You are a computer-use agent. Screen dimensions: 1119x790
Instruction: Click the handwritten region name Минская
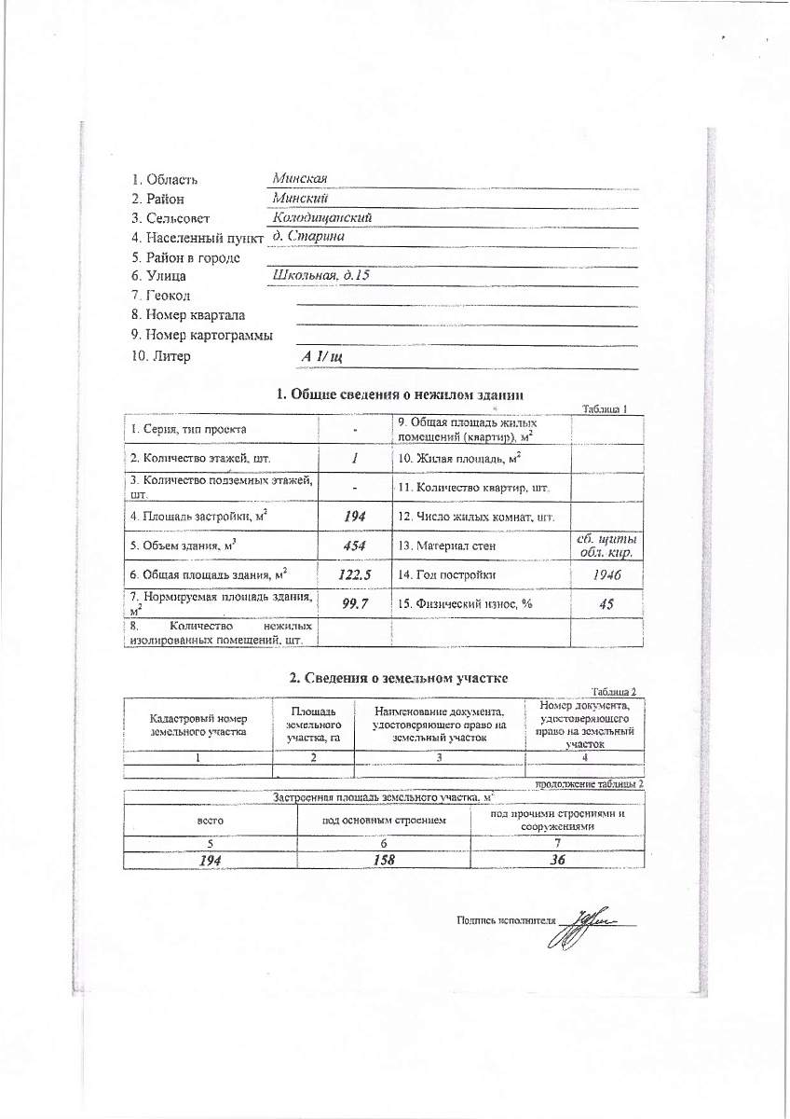tap(299, 179)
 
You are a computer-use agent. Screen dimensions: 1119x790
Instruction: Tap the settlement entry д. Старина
tap(306, 237)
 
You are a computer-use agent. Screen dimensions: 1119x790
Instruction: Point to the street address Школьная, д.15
tap(320, 275)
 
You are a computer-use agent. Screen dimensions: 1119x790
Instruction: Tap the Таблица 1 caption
tap(610, 409)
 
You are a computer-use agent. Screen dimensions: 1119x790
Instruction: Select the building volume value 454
tap(354, 546)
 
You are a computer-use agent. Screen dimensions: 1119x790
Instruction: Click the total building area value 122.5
tap(355, 575)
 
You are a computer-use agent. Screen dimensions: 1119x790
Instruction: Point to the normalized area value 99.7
tap(355, 605)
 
